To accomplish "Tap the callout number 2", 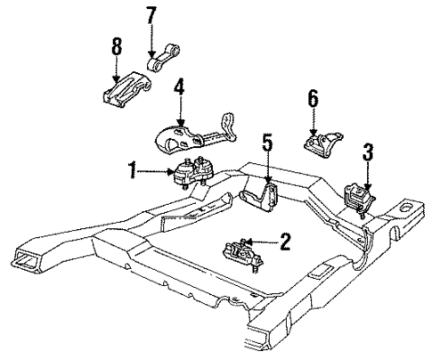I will (285, 239).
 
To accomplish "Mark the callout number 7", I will (151, 15).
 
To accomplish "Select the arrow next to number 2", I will (263, 241).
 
